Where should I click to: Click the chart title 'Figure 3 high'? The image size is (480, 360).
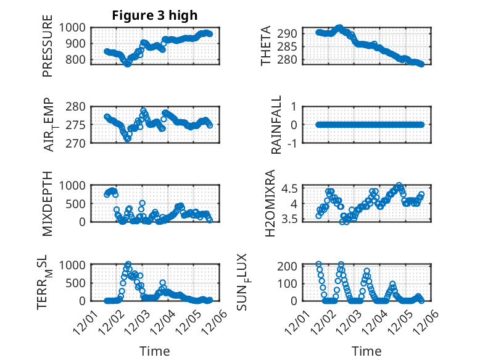pyautogui.click(x=154, y=15)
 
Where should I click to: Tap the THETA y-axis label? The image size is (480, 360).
pyautogui.click(x=266, y=46)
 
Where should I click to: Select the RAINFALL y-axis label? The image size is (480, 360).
pyautogui.click(x=278, y=125)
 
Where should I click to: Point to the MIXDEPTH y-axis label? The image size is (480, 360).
pyautogui.click(x=48, y=204)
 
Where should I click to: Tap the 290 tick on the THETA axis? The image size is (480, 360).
pyautogui.click(x=290, y=33)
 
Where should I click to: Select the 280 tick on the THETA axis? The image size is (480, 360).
pyautogui.click(x=290, y=60)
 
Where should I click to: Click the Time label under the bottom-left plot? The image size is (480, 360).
pyautogui.click(x=154, y=351)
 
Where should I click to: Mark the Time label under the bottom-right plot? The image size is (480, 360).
pyautogui.click(x=366, y=351)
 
